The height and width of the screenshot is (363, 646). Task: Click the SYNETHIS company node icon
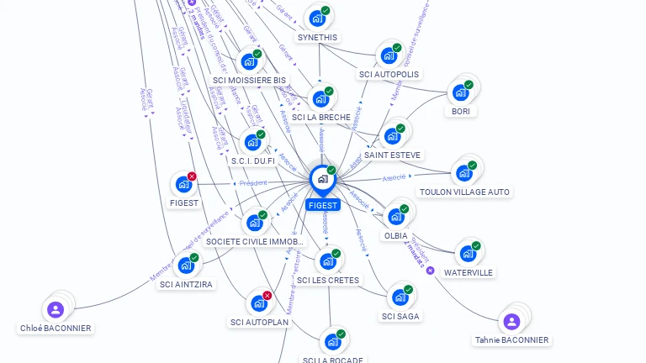pos(316,18)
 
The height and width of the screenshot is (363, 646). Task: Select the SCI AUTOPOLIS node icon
pos(388,55)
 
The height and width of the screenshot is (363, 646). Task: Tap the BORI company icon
pos(459,92)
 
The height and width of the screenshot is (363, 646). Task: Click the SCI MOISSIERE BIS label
pos(249,81)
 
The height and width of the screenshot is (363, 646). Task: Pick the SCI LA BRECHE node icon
pos(320,98)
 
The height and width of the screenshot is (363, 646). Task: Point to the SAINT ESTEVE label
pos(393,155)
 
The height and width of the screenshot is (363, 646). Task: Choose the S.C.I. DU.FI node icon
pos(252,142)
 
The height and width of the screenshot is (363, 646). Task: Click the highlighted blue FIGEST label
pos(323,205)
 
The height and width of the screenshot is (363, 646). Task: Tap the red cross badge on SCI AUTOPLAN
pos(267,295)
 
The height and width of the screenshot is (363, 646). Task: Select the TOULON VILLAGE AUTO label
pos(464,192)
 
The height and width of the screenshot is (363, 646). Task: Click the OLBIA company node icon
pos(394,216)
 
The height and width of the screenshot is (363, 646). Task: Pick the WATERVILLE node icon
pos(467,254)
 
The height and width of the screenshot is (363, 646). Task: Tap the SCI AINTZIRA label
pos(186,284)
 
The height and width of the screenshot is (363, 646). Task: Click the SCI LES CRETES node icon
pos(327,261)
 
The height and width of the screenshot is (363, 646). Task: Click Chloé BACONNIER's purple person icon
pos(56,309)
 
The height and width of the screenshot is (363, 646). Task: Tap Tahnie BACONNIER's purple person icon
pos(511,321)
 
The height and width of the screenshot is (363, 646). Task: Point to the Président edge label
pos(252,182)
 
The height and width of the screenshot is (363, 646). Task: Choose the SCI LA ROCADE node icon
pos(332,342)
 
